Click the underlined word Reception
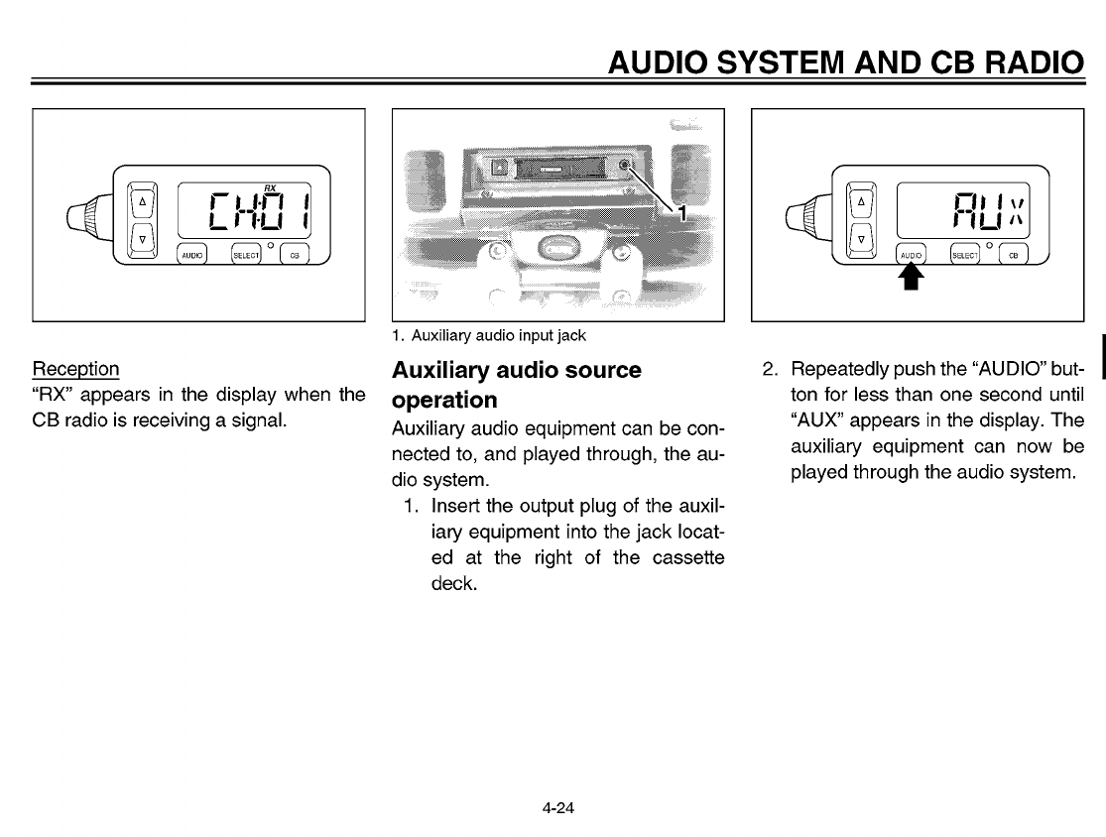[76, 369]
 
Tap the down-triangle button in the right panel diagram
[861, 239]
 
